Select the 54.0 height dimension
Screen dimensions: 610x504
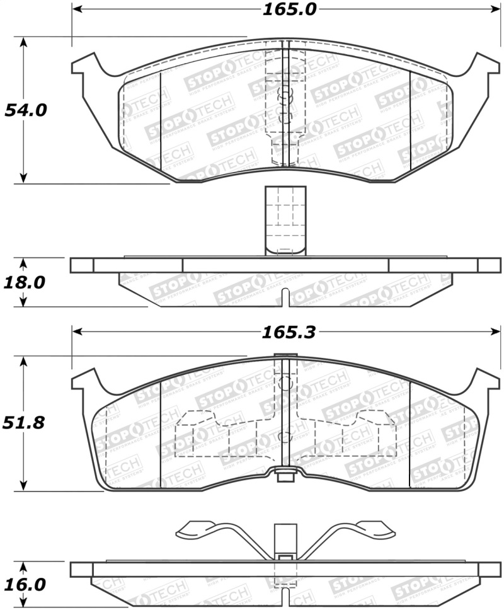[x=26, y=110]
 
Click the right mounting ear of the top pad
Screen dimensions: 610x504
[x=483, y=66]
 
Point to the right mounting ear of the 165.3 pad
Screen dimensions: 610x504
[x=483, y=382]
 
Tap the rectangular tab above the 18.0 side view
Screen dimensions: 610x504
[x=285, y=221]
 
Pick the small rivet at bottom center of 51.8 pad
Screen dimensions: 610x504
[x=285, y=475]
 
